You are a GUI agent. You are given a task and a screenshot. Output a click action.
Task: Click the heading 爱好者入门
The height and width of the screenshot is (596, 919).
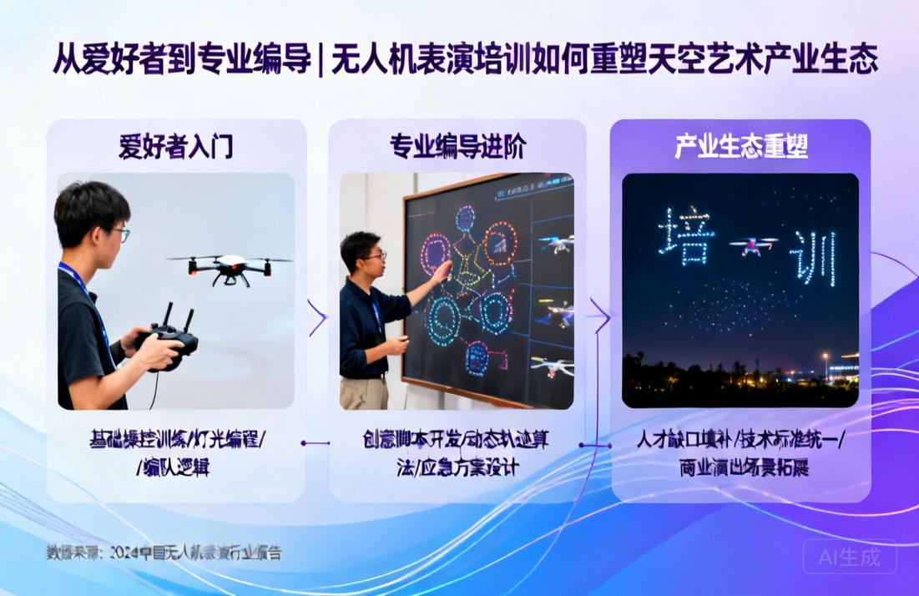pyautogui.click(x=175, y=147)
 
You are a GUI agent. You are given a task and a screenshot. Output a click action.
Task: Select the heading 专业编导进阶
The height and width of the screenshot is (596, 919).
pyautogui.click(x=457, y=147)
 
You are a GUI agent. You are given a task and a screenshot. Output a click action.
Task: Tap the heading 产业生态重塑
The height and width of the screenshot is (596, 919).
pyautogui.click(x=740, y=147)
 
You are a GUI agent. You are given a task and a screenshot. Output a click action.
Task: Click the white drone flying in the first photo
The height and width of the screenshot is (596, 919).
pyautogui.click(x=230, y=267)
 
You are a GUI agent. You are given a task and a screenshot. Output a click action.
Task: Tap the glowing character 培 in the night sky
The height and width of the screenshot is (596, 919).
pyautogui.click(x=685, y=236)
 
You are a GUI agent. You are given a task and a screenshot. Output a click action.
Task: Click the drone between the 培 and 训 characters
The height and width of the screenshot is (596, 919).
pyautogui.click(x=753, y=245)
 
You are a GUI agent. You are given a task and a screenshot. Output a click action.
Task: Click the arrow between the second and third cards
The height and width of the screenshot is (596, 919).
pyautogui.click(x=599, y=315)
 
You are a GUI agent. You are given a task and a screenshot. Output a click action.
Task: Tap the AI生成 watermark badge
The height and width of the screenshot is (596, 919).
pyautogui.click(x=850, y=557)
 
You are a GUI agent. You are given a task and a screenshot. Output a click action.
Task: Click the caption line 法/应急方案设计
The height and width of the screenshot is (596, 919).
pyautogui.click(x=457, y=467)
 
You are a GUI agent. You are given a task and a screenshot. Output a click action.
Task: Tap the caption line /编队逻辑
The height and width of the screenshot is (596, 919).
pyautogui.click(x=173, y=467)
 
